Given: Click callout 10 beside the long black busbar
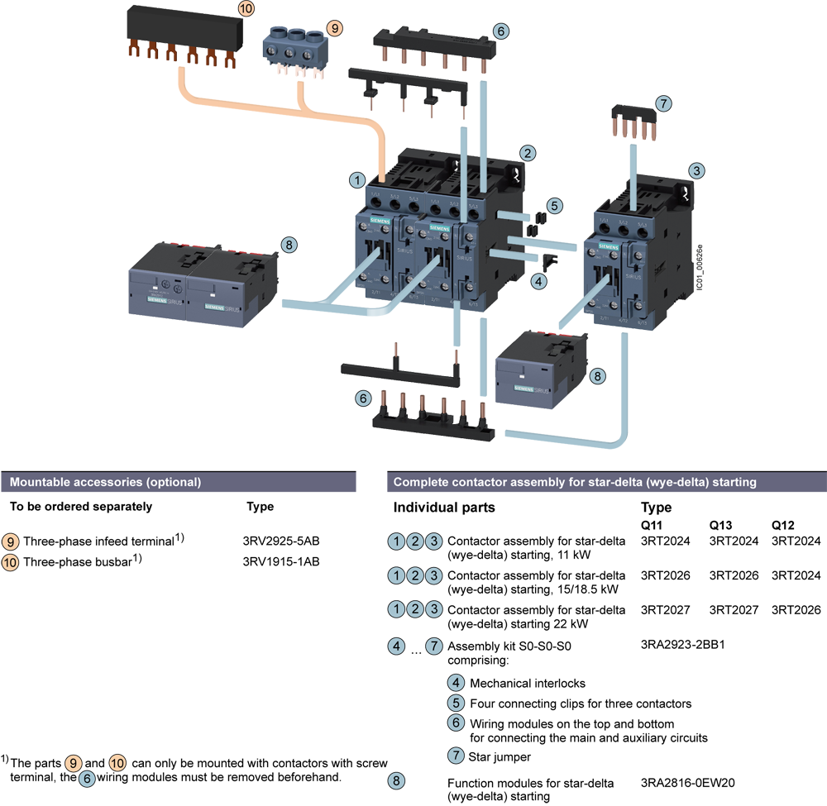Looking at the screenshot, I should click(246, 9).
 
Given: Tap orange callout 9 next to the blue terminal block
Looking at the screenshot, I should click(334, 28).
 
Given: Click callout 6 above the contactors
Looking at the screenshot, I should click(500, 31).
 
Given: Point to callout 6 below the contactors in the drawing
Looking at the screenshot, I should click(361, 398).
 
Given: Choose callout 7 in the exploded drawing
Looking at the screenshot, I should click(662, 104).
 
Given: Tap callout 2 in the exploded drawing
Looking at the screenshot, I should click(528, 153).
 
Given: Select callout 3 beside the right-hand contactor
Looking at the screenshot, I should click(697, 171).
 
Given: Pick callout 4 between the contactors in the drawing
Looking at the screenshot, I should click(539, 282).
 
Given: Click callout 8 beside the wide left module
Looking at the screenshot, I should click(288, 245).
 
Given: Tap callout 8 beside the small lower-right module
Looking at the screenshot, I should click(598, 375).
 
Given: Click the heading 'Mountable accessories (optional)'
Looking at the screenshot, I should click(105, 482).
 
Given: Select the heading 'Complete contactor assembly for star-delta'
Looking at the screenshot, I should click(574, 482).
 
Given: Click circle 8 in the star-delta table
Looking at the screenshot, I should click(397, 780).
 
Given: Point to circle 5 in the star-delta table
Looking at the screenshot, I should click(456, 703).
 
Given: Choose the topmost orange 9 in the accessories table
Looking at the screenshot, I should click(10, 542).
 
